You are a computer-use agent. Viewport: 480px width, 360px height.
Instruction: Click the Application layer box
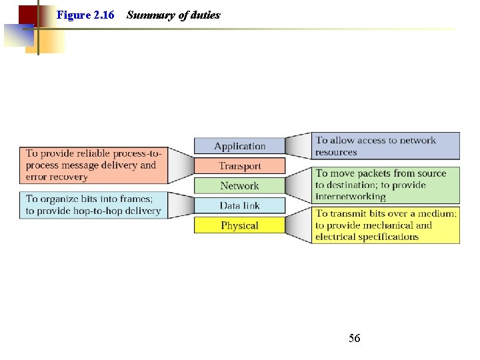click(239, 146)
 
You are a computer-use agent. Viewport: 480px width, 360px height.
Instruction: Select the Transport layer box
click(239, 166)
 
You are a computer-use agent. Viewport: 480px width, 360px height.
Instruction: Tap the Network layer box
click(239, 186)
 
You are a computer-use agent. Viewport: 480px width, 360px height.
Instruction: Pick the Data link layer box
click(239, 205)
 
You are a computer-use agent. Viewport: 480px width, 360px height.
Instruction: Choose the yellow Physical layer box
click(239, 225)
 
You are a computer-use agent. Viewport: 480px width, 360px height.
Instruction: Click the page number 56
click(354, 339)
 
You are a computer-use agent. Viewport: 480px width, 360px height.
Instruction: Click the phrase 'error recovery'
click(57, 177)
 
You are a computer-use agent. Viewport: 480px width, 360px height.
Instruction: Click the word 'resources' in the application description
click(336, 152)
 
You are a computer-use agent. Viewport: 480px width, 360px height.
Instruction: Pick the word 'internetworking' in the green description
click(351, 197)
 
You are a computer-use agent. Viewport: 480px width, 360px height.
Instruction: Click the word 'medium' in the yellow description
click(438, 213)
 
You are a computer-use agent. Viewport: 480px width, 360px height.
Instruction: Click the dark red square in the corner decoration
click(27, 14)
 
